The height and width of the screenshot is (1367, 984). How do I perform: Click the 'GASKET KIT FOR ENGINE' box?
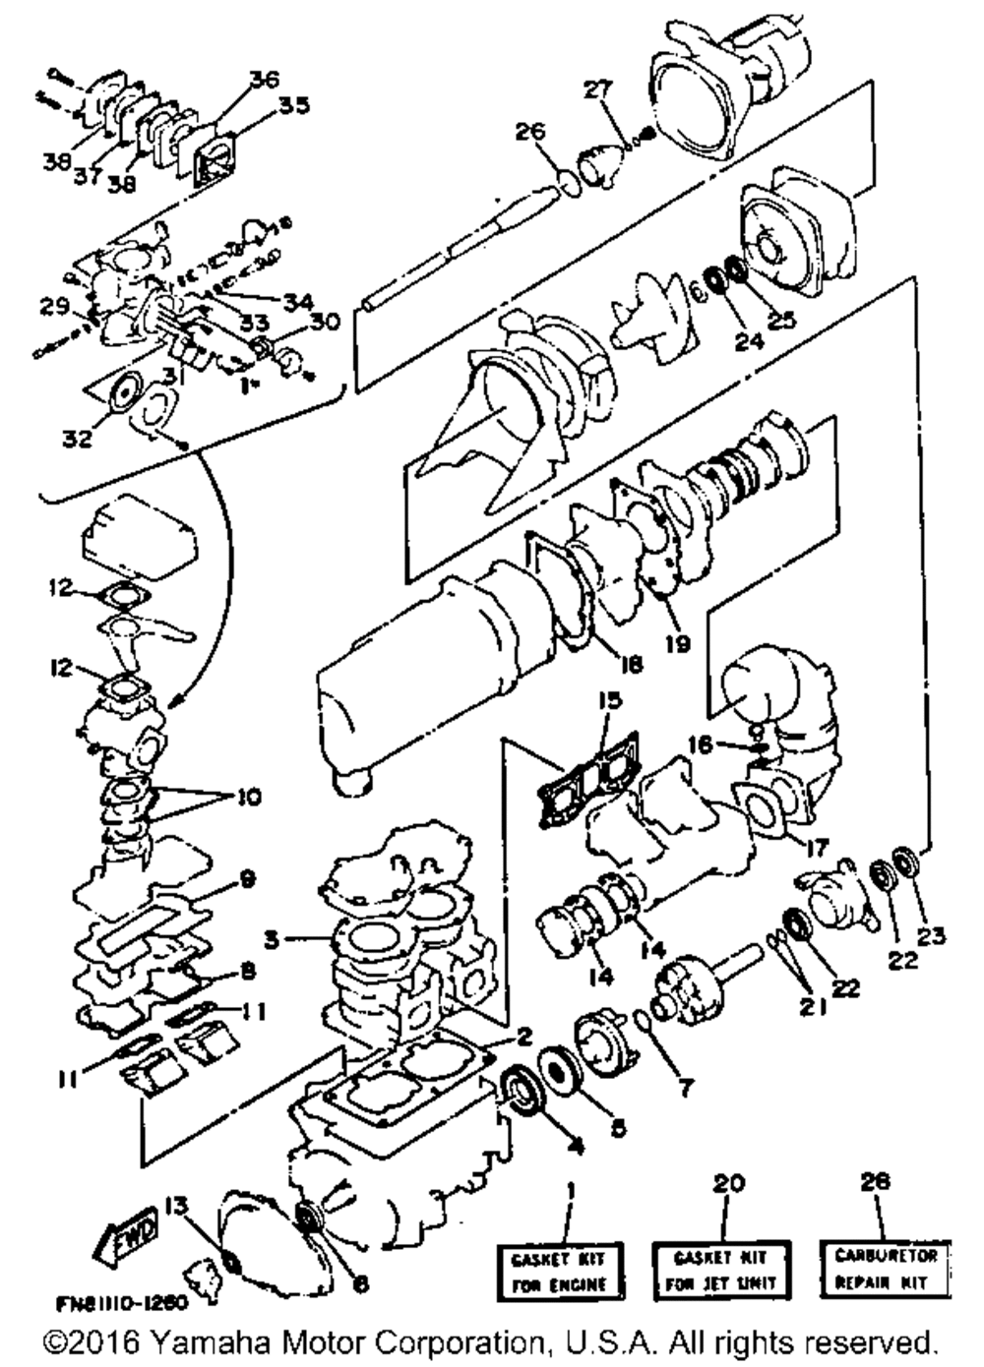point(558,1270)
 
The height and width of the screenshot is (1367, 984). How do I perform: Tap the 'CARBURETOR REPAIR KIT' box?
point(885,1268)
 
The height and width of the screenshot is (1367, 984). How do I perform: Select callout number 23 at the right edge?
point(933,936)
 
